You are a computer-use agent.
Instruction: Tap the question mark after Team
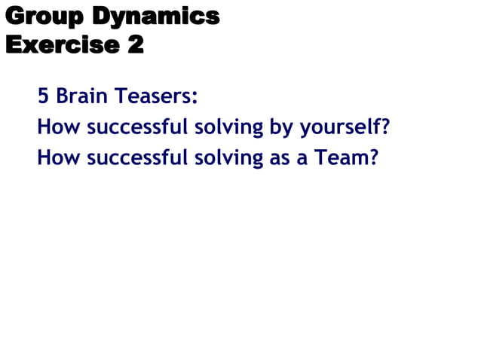point(372,158)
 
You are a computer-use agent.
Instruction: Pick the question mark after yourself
point(384,127)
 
